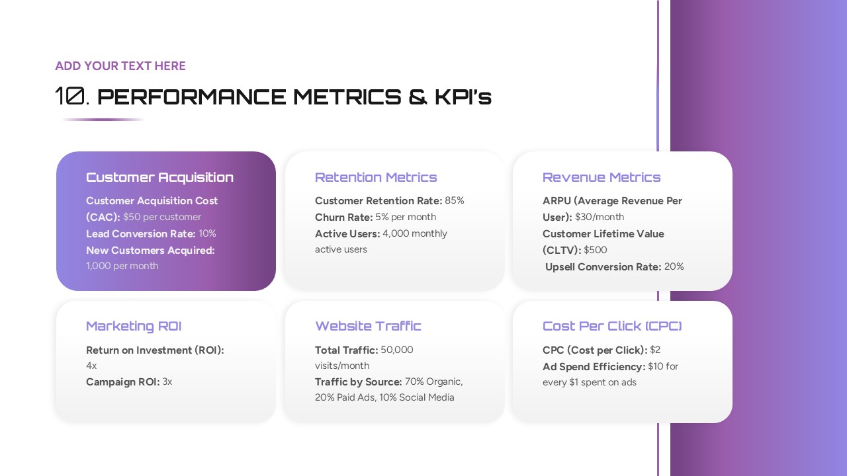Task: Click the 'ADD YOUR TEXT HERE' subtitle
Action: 120,66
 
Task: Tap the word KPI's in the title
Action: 463,97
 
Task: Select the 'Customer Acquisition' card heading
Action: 159,177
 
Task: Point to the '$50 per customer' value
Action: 162,217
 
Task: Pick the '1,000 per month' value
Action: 122,266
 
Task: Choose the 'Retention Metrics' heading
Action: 376,177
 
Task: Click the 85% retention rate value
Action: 455,200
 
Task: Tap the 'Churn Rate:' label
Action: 343,217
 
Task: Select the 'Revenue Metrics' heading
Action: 602,177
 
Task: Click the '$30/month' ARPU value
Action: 600,217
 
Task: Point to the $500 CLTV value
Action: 596,250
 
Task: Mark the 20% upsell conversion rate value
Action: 674,266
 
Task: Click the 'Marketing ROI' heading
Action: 134,326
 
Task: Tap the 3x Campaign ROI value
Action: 167,381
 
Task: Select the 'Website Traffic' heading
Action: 368,326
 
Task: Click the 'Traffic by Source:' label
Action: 359,381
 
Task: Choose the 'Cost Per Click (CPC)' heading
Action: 612,326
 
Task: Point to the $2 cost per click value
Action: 655,350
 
